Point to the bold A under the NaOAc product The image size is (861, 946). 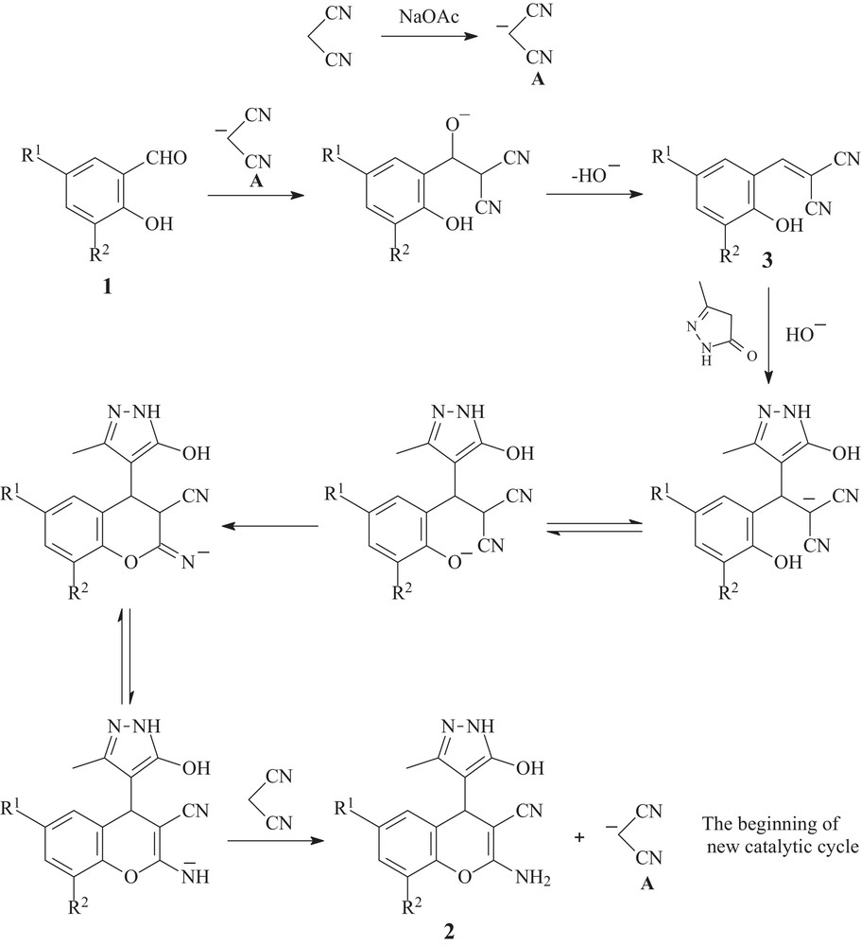coord(540,81)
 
